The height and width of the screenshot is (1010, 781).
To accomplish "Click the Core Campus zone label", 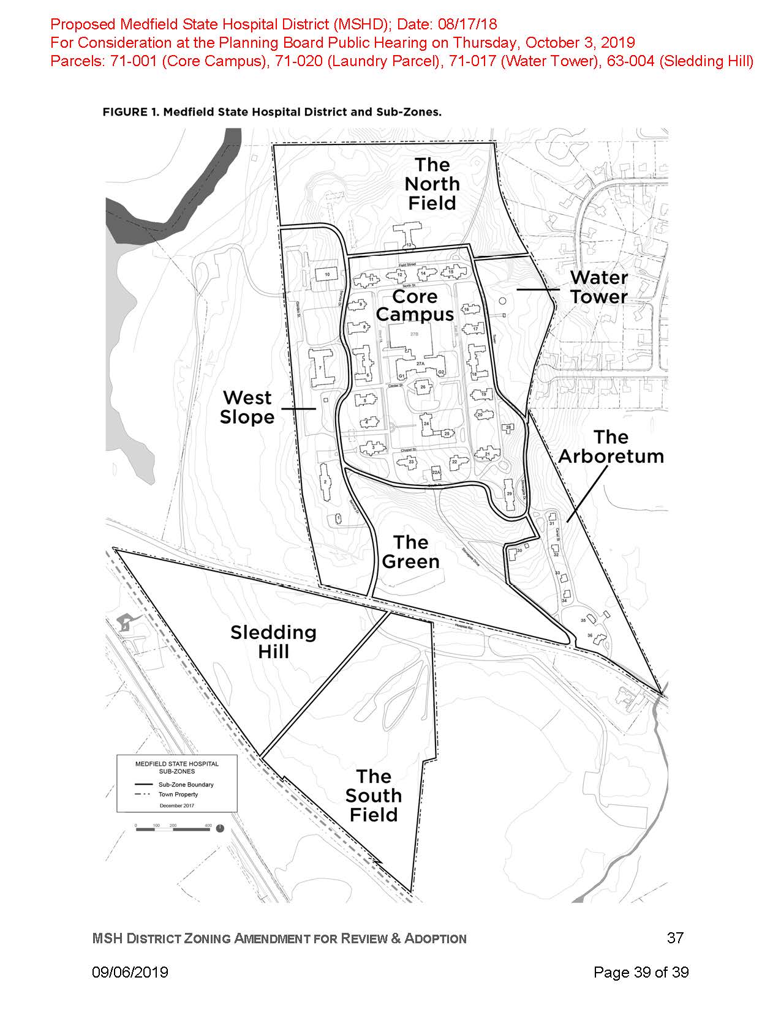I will tap(415, 305).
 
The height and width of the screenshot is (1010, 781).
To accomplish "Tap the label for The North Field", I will tap(432, 184).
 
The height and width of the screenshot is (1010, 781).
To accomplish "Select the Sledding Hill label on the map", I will tap(273, 642).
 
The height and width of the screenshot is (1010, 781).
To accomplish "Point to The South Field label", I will tap(374, 796).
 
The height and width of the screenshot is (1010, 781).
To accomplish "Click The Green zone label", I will tap(410, 552).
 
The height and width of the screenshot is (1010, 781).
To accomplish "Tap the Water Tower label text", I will tap(598, 287).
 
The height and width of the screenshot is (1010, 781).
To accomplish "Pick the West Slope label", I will tap(247, 407).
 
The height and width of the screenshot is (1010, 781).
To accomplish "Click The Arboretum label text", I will tap(611, 447).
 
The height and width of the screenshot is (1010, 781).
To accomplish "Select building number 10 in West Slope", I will tap(327, 275).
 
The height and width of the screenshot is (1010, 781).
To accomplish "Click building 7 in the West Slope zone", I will tap(320, 368).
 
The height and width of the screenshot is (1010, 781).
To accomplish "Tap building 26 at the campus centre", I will tap(423, 387).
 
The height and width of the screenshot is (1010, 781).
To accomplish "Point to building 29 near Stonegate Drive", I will tap(509, 494).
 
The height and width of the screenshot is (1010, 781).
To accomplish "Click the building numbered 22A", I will tap(436, 473).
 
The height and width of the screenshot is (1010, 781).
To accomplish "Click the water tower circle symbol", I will tap(503, 301).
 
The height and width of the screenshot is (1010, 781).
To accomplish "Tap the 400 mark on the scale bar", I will tap(208, 826).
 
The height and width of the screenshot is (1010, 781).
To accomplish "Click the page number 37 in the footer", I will tap(674, 938).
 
